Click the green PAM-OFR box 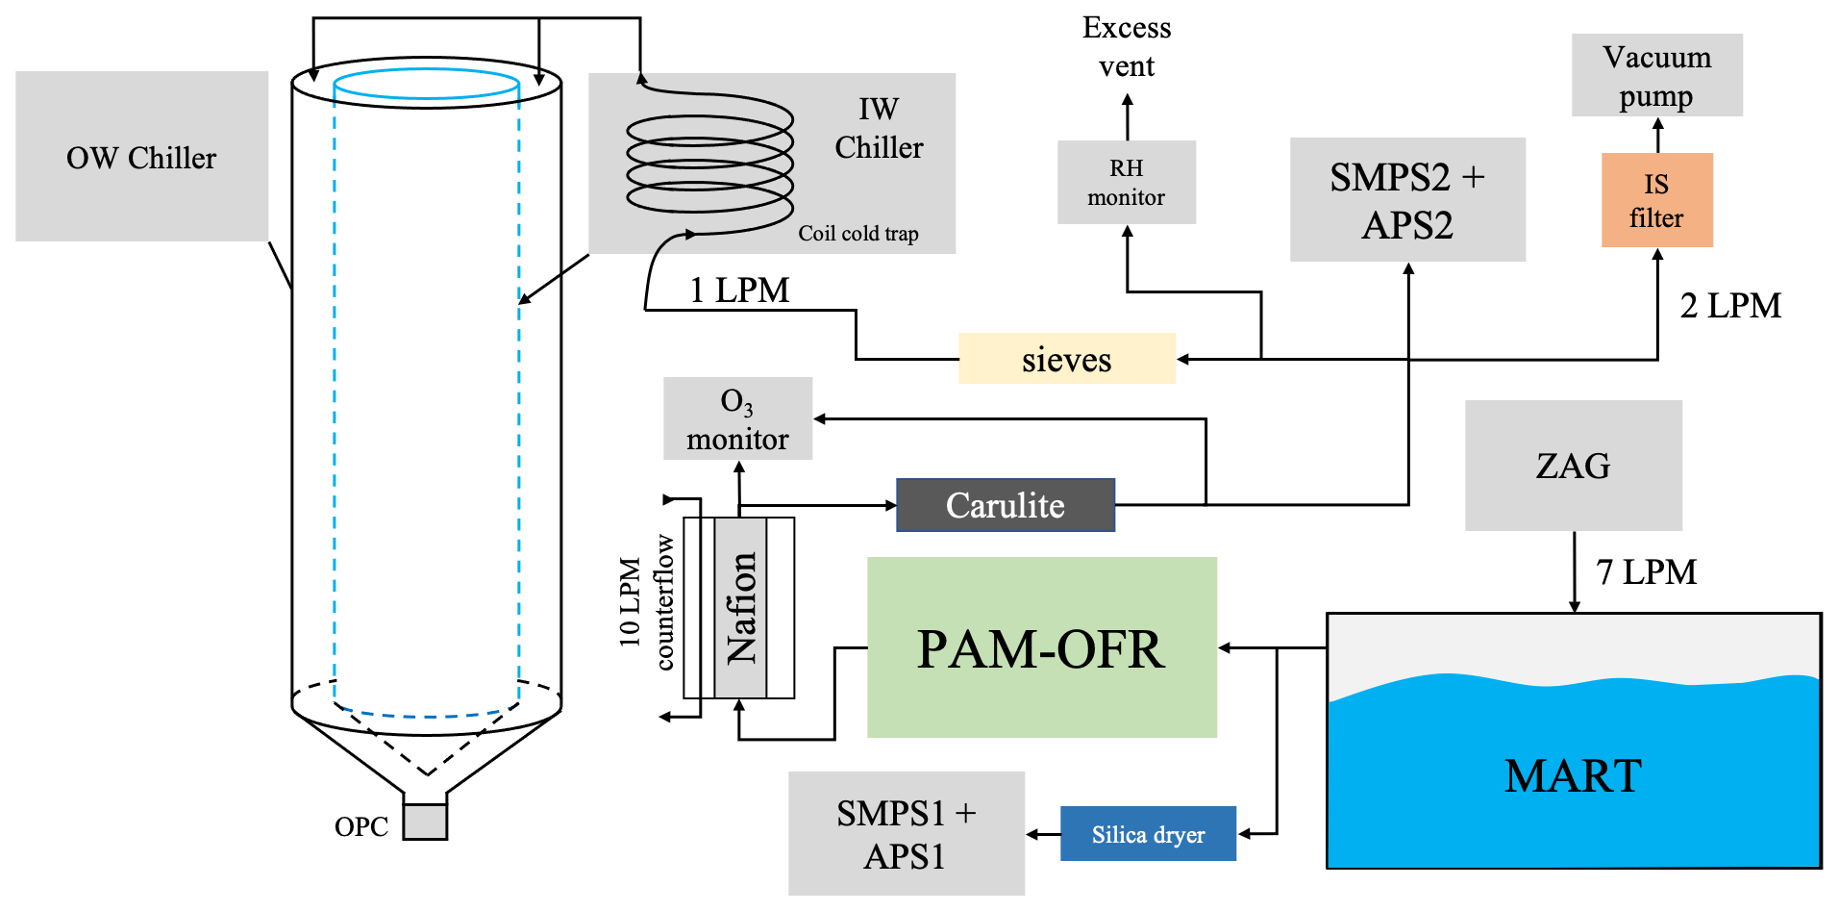1041,647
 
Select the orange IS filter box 1656,200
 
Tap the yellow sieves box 1066,359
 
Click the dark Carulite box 1005,505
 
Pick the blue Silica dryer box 1148,834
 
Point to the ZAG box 1573,466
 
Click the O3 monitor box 737,419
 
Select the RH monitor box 1126,183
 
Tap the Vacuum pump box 1656,76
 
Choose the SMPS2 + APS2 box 1406,200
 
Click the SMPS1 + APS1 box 906,834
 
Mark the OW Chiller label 141,158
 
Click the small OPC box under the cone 425,822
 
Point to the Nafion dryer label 741,608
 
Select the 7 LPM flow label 1646,572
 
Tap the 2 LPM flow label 1730,306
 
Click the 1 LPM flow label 739,291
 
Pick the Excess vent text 1127,47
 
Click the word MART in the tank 1573,776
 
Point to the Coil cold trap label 857,234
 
